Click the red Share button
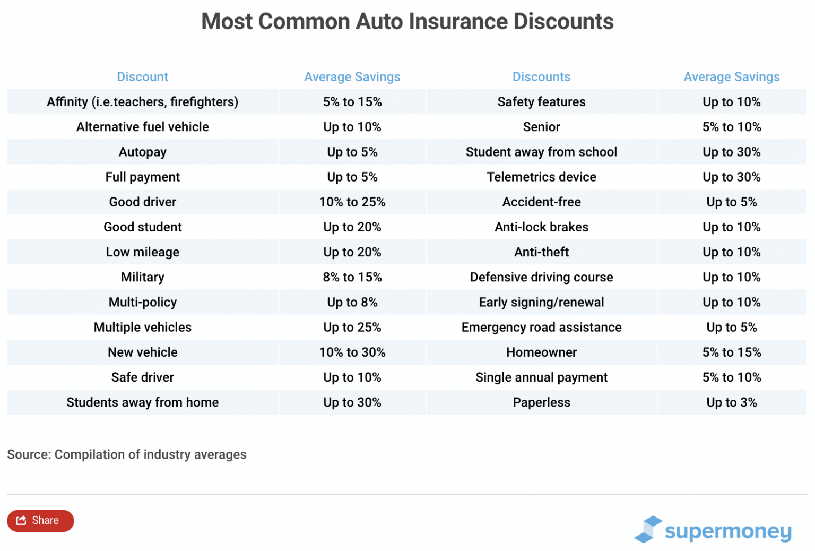[x=40, y=521]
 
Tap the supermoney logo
[x=713, y=530]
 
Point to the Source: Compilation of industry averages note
[x=127, y=454]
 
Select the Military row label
[x=142, y=277]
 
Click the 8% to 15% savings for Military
[x=352, y=277]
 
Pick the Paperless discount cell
[x=541, y=402]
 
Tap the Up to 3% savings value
[x=731, y=402]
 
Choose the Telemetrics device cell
[x=541, y=177]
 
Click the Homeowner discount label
[x=541, y=352]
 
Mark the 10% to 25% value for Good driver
[x=352, y=202]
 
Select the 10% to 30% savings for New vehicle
[x=352, y=352]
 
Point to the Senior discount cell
[x=541, y=127]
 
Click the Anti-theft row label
[x=541, y=252]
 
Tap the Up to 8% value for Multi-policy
[x=352, y=303]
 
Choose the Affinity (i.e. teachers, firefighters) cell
[x=142, y=102]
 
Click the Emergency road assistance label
[x=541, y=328]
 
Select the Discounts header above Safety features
[x=541, y=77]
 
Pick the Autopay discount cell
[x=142, y=152]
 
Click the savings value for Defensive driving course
[x=731, y=277]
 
